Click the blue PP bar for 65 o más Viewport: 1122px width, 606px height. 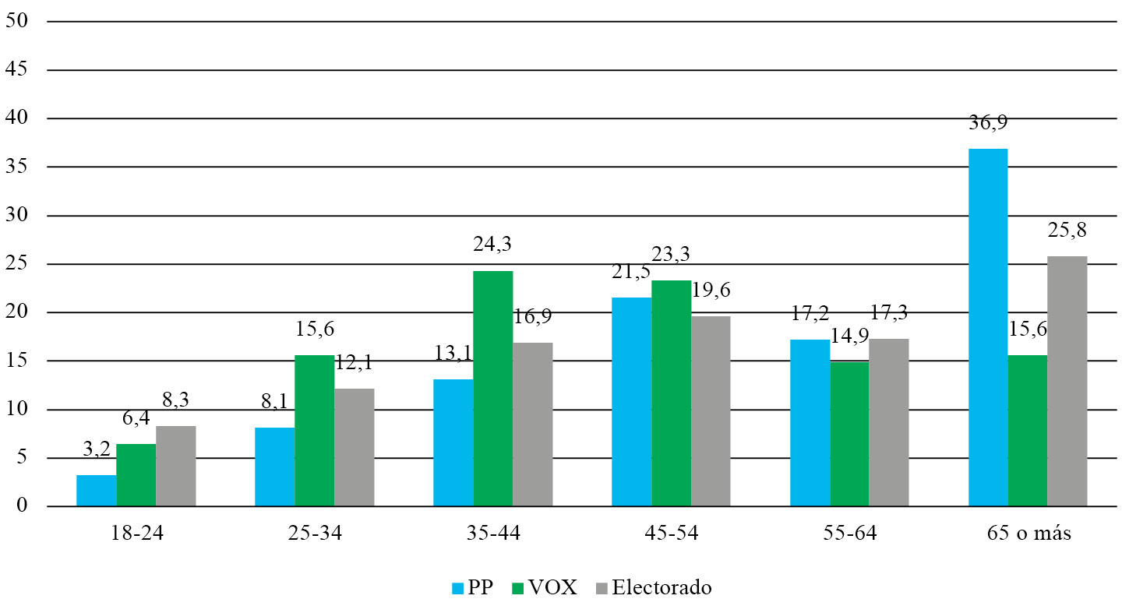coord(987,327)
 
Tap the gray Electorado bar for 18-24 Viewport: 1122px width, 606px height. coord(175,466)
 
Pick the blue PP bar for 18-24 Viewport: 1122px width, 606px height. coord(96,491)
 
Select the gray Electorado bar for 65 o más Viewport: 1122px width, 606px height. coord(1067,381)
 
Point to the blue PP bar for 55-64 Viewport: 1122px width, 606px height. coord(810,423)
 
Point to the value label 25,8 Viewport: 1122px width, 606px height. coord(1067,231)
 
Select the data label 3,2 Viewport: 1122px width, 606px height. coord(96,450)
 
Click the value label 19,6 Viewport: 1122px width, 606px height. coord(712,291)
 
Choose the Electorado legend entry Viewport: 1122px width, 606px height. coord(653,587)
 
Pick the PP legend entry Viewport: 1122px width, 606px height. coord(474,587)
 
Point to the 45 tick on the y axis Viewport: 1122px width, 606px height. coord(17,70)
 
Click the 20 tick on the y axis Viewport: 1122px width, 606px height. coord(17,313)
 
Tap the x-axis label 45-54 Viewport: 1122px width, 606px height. coord(672,534)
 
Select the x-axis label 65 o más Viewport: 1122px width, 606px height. coord(1027,534)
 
